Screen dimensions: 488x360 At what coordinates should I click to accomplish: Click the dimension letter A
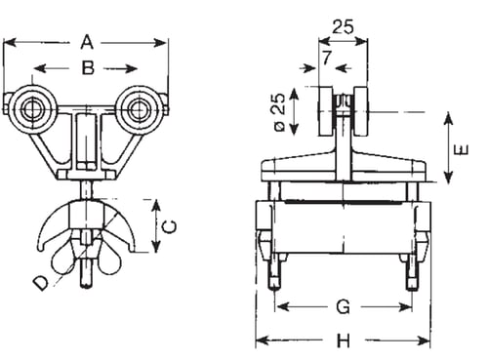[87, 43]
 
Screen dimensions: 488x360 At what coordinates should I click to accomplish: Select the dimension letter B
[88, 68]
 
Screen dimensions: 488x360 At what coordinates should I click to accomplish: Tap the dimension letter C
[170, 226]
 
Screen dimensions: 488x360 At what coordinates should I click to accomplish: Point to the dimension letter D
[41, 283]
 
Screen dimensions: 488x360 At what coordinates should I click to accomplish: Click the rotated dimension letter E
[462, 149]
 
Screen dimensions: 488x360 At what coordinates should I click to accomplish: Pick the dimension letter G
[344, 306]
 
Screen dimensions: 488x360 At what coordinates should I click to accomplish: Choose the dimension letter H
[344, 341]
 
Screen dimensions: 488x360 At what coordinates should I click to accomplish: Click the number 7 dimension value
[326, 58]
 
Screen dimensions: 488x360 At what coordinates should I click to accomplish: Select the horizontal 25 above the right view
[343, 27]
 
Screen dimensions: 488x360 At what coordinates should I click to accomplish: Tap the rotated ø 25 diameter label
[279, 112]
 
